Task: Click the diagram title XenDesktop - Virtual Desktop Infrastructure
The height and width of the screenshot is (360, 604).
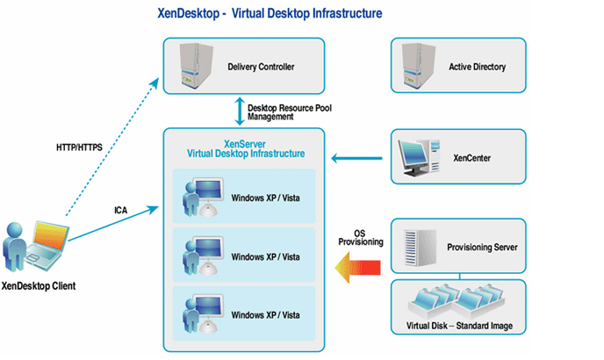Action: coord(301,15)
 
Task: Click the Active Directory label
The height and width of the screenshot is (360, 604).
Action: coord(477,67)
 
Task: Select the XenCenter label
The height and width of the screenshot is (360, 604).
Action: coord(471,159)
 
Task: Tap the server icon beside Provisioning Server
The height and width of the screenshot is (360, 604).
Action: coord(416,247)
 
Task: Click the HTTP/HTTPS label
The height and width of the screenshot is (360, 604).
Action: coord(74,147)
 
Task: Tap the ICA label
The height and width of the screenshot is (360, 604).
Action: coord(122,210)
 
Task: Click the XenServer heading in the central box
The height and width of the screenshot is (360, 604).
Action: coord(246,143)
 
